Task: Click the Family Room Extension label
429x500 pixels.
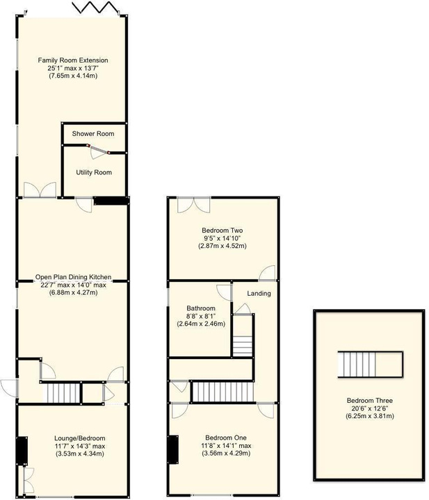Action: point(73,60)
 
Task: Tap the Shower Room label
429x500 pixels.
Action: point(93,133)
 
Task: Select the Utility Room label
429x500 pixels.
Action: point(94,172)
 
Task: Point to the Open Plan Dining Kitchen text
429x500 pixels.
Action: point(74,277)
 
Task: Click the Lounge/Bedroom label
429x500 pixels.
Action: point(80,438)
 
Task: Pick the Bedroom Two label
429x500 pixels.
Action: point(222,231)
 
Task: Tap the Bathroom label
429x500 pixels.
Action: point(201,308)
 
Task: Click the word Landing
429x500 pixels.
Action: point(259,293)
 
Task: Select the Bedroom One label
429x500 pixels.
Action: point(226,437)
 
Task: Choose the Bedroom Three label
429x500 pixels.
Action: point(370,401)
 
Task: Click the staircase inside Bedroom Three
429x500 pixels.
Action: point(371,364)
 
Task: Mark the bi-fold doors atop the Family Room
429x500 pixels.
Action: point(96,8)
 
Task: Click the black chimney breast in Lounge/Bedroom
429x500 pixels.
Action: point(22,451)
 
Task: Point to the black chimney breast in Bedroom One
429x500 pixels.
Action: point(173,449)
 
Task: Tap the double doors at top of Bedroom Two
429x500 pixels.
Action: point(194,205)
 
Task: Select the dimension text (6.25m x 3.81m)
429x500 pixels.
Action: point(370,416)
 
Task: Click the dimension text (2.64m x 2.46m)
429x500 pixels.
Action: point(201,324)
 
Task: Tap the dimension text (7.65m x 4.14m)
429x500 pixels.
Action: point(73,76)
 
